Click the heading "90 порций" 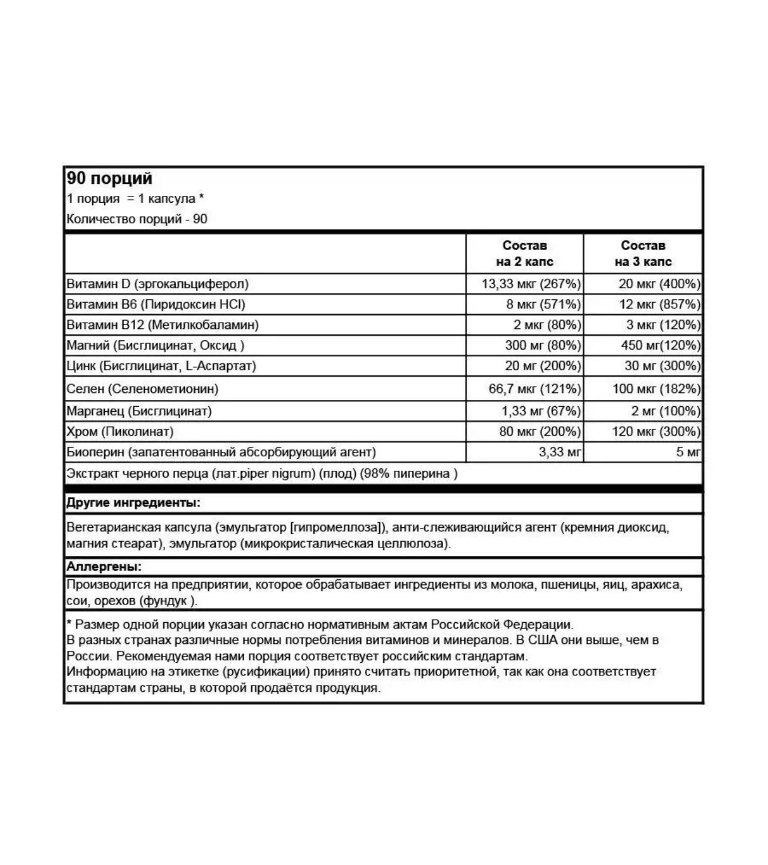tap(109, 179)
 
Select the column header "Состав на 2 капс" tap(524, 254)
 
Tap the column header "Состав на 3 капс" tap(643, 254)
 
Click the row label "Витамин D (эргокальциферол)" tap(157, 284)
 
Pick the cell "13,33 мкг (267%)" tap(531, 284)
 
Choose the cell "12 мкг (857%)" tap(659, 304)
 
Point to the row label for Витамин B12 tap(163, 325)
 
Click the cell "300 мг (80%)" tap(543, 345)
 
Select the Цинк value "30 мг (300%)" tap(662, 366)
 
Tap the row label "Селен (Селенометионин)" tap(142, 389)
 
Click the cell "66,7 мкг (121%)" tap(535, 389)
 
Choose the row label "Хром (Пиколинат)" tap(120, 432)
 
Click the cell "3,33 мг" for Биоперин tap(560, 452)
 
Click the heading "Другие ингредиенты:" tap(134, 503)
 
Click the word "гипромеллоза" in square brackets tap(335, 527)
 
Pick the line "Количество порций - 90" tap(137, 219)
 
